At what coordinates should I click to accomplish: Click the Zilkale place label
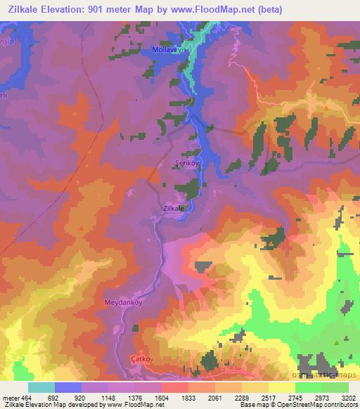click(173, 209)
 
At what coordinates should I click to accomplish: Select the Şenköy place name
click(186, 162)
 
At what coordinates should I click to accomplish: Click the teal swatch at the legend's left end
click(41, 387)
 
